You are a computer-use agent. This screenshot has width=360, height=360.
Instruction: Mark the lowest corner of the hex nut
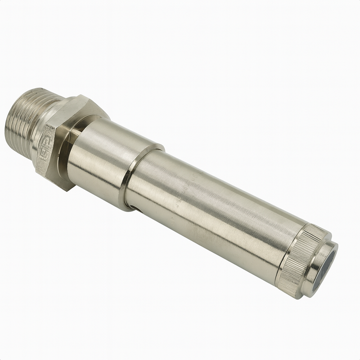[x=67, y=189]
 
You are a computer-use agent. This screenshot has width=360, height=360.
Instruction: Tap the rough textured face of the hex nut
[x=45, y=155]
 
